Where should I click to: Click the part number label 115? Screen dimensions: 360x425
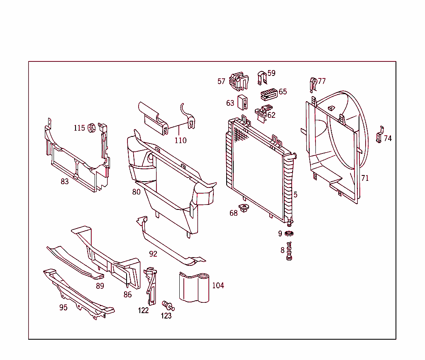79,128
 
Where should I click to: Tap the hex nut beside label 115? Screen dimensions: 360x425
91,128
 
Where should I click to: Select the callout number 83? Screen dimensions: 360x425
65,181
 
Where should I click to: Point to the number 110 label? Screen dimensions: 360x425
181,141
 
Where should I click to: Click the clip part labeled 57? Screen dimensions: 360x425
238,81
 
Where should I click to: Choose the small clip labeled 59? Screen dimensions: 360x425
261,77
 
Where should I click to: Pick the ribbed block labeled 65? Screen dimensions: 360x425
269,95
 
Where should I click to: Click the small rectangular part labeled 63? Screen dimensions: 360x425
243,101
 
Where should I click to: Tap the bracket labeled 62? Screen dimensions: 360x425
261,113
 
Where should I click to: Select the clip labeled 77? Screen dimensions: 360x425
313,85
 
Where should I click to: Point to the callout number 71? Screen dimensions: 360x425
365,178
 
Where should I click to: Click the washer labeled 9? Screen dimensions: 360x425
289,234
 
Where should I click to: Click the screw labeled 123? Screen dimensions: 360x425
168,306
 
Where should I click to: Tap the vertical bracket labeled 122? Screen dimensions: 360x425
151,286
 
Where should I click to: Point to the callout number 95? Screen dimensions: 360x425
63,308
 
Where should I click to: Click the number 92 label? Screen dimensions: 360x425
153,254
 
